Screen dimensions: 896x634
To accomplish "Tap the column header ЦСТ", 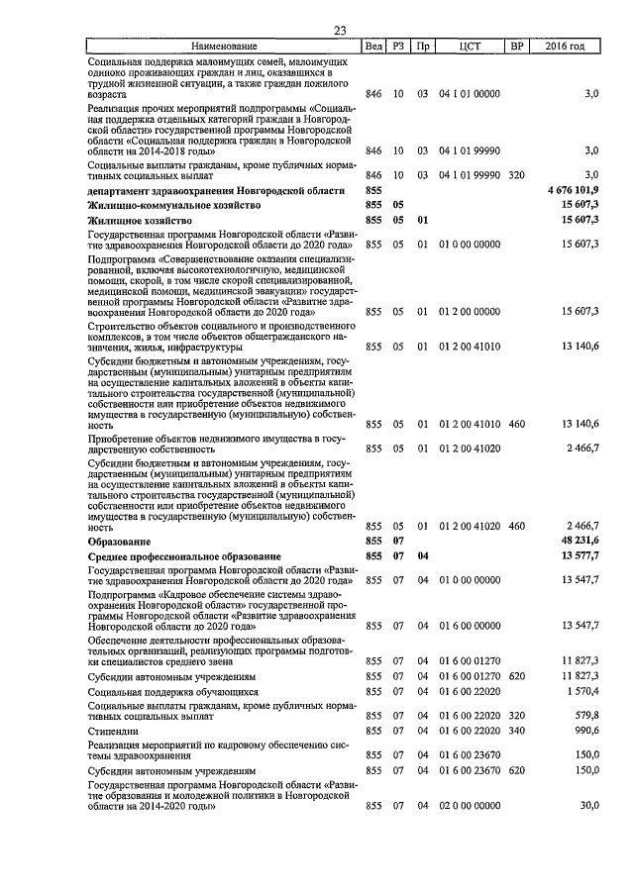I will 470,47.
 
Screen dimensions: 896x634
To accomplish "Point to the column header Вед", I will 373,47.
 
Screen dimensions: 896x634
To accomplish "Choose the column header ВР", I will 515,47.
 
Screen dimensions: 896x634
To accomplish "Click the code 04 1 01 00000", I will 469,94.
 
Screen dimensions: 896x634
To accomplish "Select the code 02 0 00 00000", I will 469,806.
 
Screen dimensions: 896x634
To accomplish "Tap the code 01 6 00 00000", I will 469,625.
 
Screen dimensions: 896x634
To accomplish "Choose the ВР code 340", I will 516,729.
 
